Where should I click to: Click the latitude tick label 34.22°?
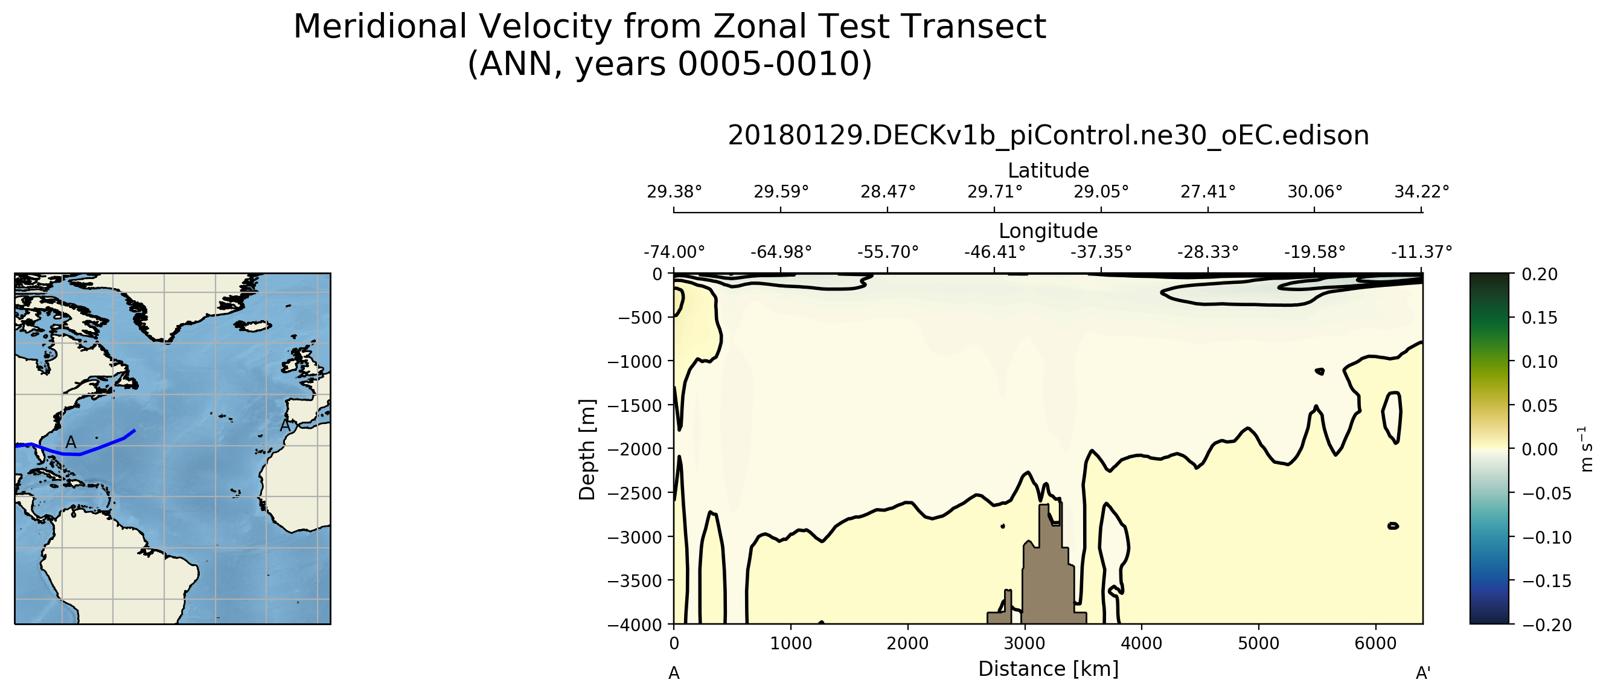1422,192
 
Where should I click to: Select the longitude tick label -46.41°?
994,252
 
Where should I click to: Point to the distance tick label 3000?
1025,643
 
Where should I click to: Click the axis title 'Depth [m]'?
587,450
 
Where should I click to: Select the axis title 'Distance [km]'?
1048,669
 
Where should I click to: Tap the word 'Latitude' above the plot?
1048,170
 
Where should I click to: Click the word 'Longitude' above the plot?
1048,231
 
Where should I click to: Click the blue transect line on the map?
94,449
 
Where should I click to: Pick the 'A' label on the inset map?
71,442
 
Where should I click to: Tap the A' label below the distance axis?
1423,673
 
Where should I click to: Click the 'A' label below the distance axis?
674,673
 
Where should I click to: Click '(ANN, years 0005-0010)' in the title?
670,65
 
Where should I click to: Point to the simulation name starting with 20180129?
1048,135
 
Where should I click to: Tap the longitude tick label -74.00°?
674,252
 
